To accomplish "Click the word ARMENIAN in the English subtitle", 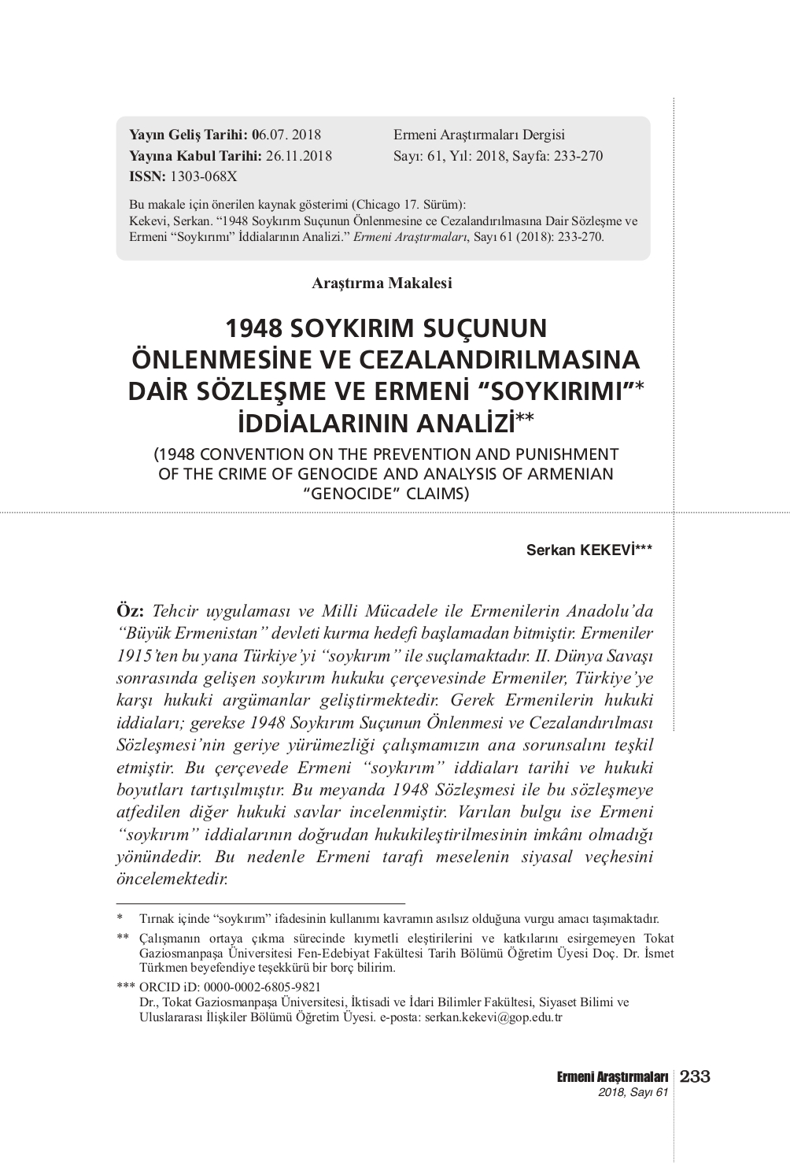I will pos(568,474).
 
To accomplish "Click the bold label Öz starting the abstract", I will pos(129,611).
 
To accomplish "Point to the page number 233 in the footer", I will pos(694,1076).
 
